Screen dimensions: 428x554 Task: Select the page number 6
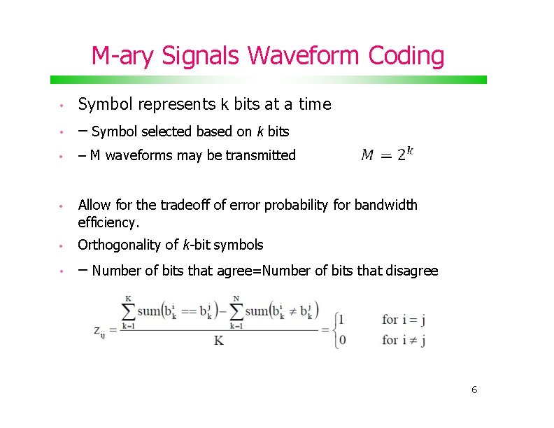point(474,390)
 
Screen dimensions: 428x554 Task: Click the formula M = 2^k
point(387,155)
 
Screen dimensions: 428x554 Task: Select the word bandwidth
point(386,205)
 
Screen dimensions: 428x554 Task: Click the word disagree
point(413,271)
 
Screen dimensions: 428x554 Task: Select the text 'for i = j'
point(404,320)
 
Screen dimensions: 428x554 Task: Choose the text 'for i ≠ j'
point(404,341)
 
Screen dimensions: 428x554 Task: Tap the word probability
point(290,205)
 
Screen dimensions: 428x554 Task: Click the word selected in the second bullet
point(169,131)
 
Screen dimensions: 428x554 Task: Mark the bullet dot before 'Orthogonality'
point(62,245)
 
